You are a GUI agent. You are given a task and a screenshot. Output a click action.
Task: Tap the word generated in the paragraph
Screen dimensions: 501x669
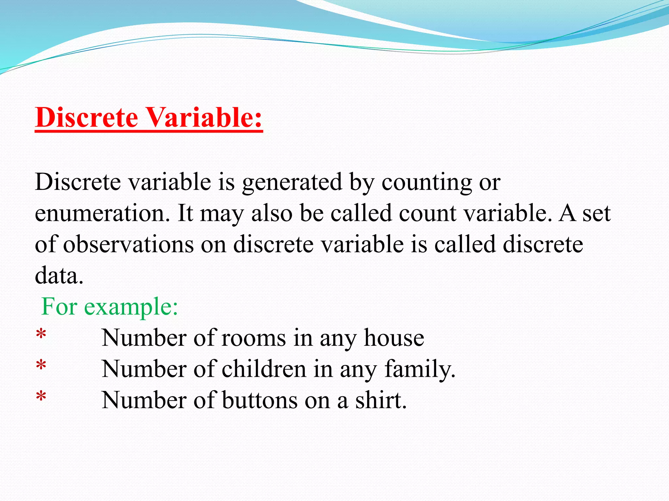pyautogui.click(x=292, y=183)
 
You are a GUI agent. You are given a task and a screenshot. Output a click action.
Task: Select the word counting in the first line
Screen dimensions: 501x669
pyautogui.click(x=427, y=183)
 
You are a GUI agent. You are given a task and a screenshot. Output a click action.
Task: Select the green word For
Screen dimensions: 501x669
pyautogui.click(x=59, y=307)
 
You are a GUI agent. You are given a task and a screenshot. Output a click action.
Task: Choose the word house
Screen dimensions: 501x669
pyautogui.click(x=394, y=338)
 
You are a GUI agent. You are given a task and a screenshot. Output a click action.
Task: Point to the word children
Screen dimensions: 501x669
pyautogui.click(x=264, y=369)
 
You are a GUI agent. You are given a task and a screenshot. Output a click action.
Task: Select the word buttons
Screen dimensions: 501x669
pyautogui.click(x=260, y=401)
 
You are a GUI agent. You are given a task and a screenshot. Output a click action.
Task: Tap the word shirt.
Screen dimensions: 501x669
pyautogui.click(x=381, y=401)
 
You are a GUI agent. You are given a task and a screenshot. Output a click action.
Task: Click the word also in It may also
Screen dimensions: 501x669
pyautogui.click(x=272, y=213)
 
